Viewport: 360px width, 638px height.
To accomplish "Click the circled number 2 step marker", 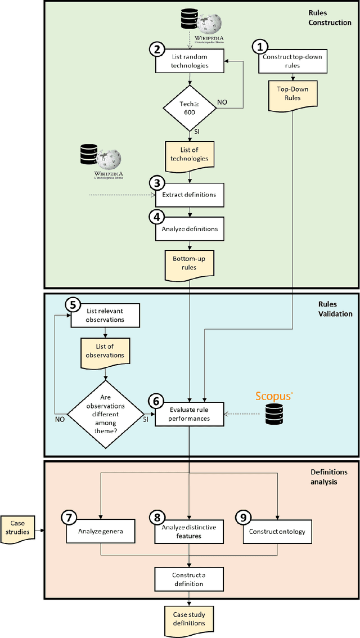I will tap(155, 49).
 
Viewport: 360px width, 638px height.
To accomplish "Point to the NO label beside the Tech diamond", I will tap(223, 102).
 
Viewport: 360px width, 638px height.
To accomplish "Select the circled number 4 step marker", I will tap(155, 216).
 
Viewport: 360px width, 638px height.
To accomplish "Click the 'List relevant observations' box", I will tap(106, 316).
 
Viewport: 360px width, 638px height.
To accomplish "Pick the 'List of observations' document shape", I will tap(106, 351).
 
